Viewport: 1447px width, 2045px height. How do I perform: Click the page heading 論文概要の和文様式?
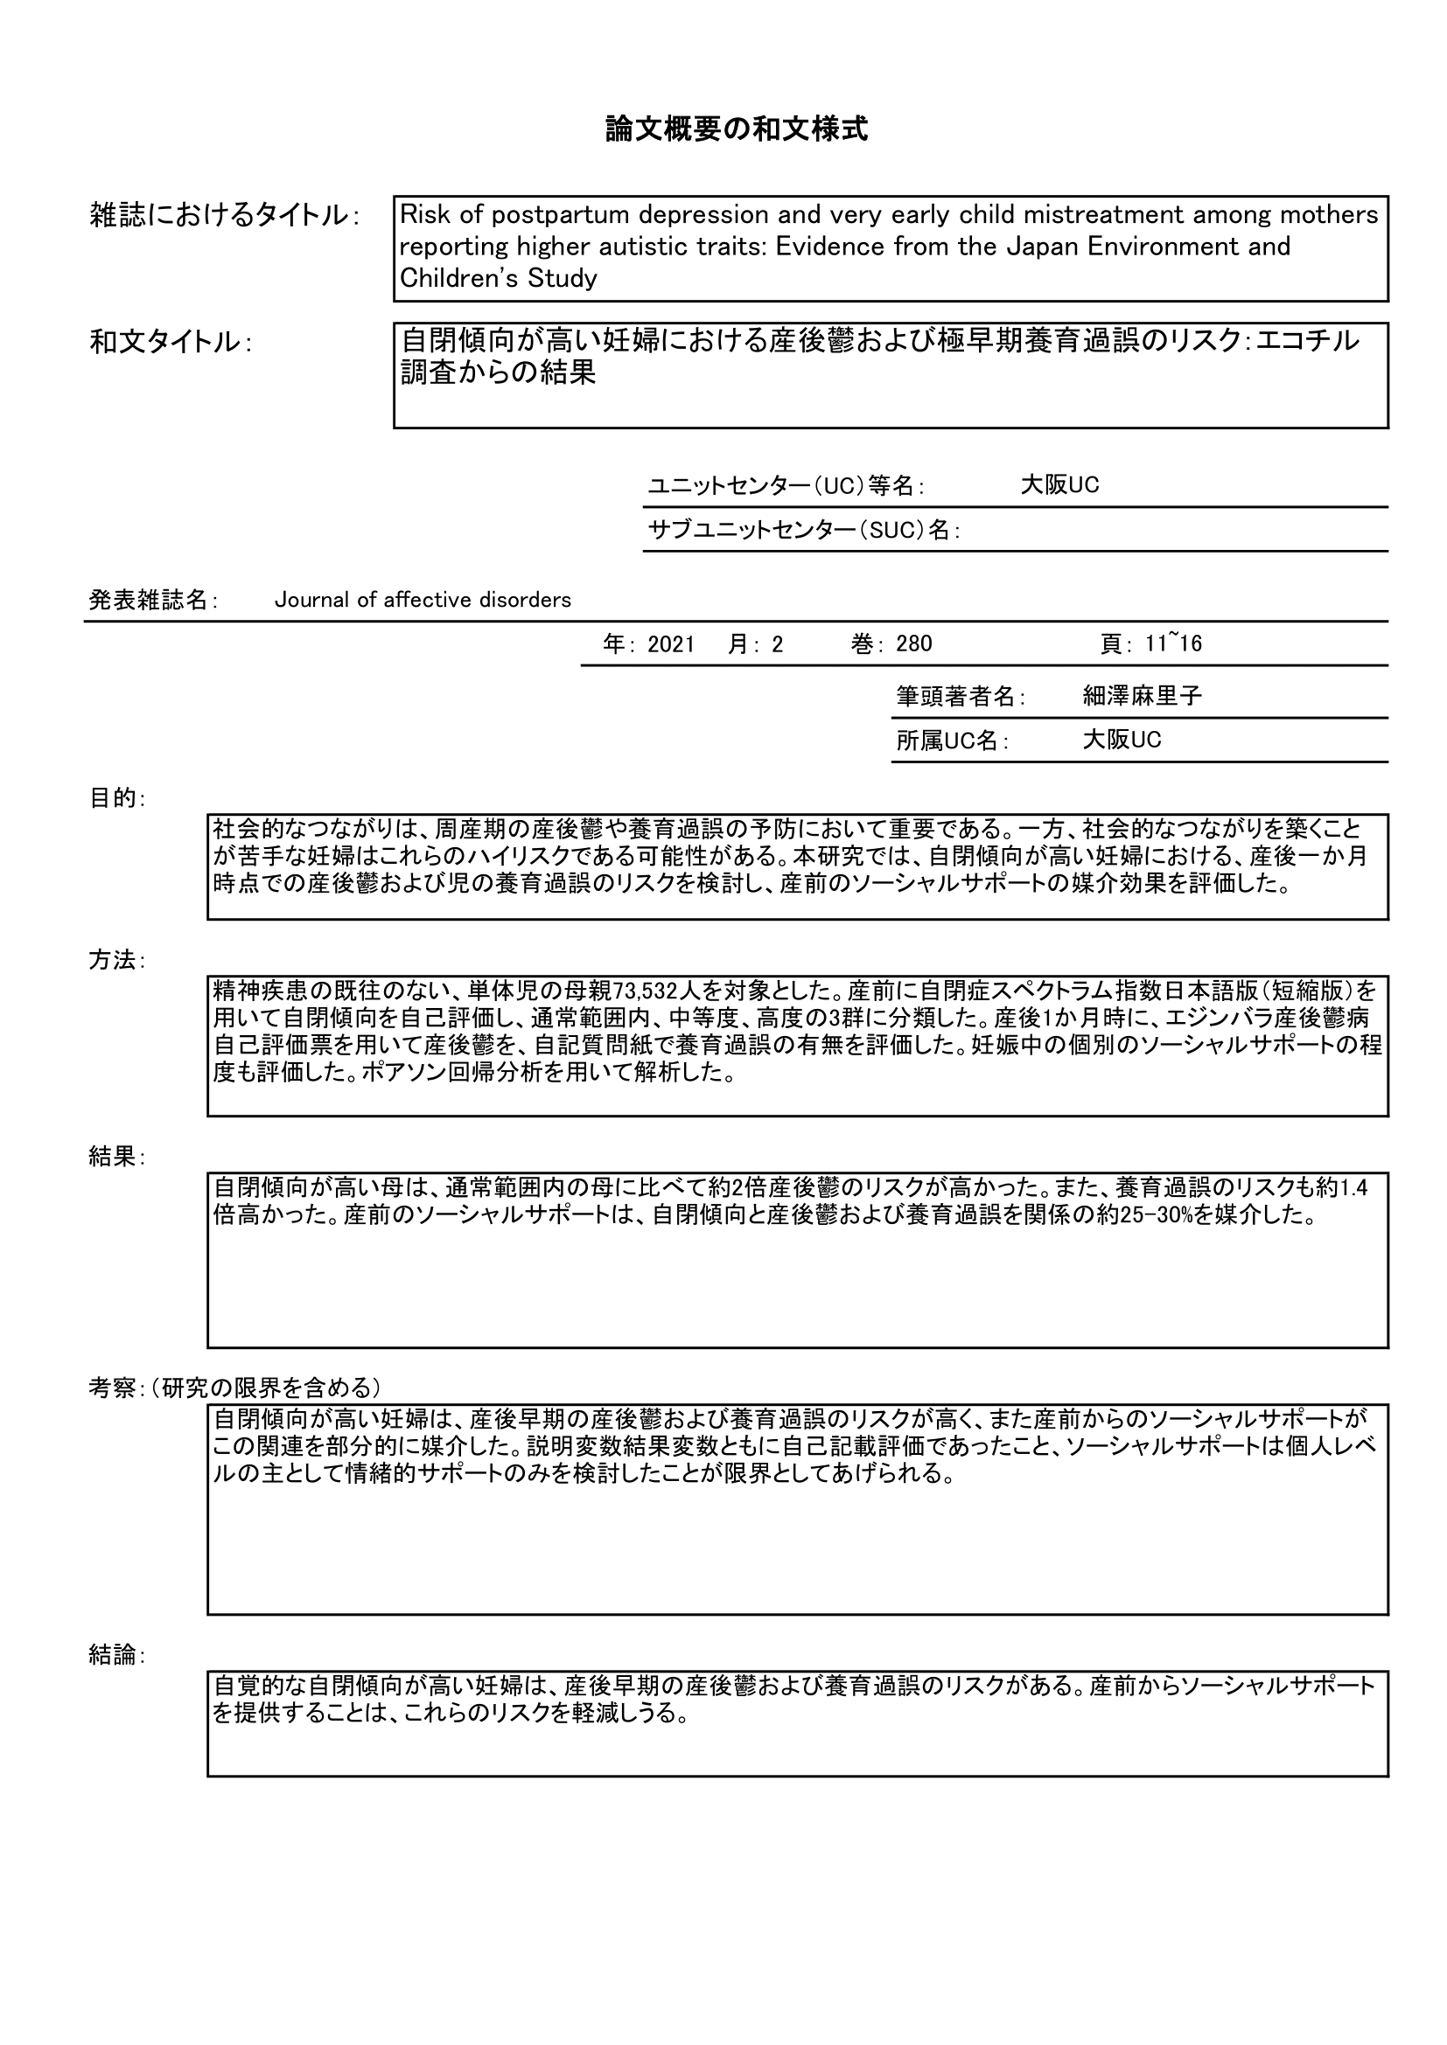(736, 130)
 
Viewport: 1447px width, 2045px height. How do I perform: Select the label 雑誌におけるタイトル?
(223, 215)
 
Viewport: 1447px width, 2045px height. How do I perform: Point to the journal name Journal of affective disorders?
(423, 601)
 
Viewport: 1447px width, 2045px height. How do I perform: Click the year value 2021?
(671, 644)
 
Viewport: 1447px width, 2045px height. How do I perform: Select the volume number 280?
(914, 644)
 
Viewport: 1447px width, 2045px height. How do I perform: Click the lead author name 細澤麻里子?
(1143, 697)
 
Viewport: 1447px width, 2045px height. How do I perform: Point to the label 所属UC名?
(952, 741)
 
